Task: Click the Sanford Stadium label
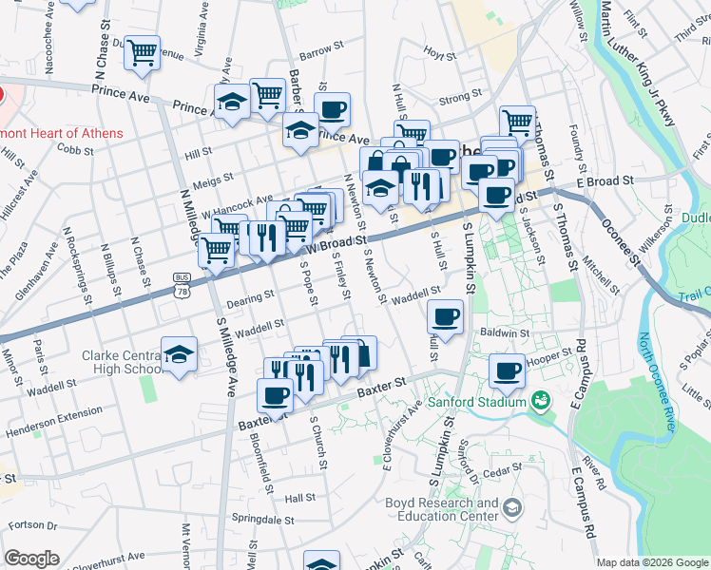coord(475,402)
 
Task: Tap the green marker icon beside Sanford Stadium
coord(541,401)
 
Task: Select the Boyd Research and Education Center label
coord(441,509)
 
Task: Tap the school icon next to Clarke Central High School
coord(179,355)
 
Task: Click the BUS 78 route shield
coord(181,283)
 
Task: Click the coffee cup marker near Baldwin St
coord(445,316)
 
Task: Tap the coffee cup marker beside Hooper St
coord(508,370)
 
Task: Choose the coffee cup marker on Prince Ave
coord(332,110)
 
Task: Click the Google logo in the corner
coord(30,559)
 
